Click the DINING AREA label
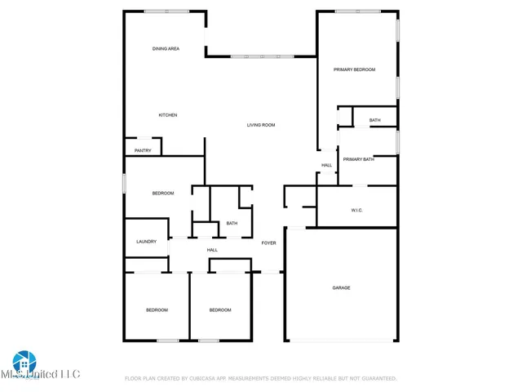[166, 49]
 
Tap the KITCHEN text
[168, 115]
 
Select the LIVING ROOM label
[261, 125]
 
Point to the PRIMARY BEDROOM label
[354, 70]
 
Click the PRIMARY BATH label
[358, 159]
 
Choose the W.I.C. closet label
[356, 210]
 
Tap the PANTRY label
[143, 150]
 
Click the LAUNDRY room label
[146, 242]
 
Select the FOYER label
[268, 243]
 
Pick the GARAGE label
[341, 287]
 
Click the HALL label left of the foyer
[212, 250]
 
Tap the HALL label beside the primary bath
[326, 166]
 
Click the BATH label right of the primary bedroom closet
[374, 121]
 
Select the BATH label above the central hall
[232, 224]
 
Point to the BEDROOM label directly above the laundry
[163, 193]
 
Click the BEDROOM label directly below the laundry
[157, 310]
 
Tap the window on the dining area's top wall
[167, 11]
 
